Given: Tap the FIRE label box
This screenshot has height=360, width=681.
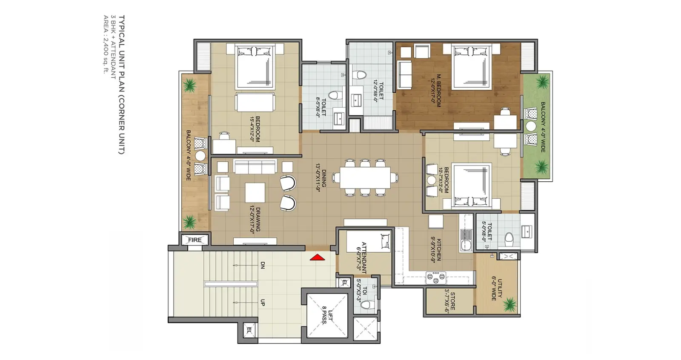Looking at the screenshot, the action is pos(195,240).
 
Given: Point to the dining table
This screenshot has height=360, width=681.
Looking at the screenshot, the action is pos(365,177).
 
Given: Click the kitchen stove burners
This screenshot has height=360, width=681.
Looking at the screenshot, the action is pos(436,277).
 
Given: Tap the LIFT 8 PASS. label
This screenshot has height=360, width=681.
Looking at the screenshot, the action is pos(327,316).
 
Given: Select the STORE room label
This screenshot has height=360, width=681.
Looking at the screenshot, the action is pos(449,301).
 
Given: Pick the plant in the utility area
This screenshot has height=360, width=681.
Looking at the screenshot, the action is pos(509,305).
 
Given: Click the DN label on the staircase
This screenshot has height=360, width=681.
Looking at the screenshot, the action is pos(263,265).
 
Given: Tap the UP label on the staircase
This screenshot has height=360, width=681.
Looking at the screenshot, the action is pos(263,303).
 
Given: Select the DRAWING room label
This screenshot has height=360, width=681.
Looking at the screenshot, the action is pos(255,220).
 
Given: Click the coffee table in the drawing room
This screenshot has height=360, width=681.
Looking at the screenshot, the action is pos(255,192).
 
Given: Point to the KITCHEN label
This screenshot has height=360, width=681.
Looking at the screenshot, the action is pos(436,250).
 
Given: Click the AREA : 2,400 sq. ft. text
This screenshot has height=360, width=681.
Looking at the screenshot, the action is pos(106,44).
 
